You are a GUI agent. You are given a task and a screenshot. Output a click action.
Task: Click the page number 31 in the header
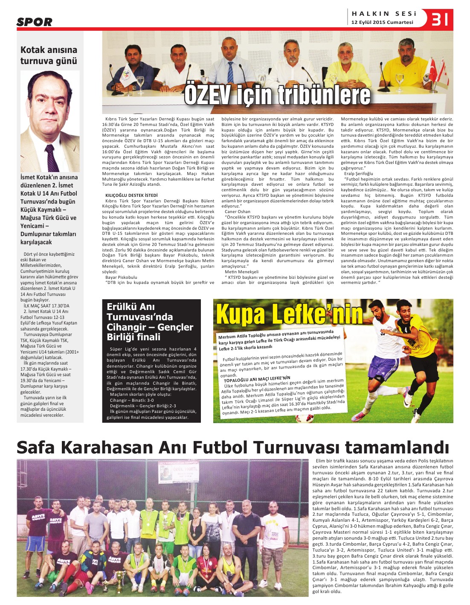point(439,19)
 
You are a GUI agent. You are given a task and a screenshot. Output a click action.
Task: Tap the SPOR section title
point(35,22)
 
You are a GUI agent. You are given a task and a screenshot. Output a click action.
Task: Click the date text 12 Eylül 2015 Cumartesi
point(382,23)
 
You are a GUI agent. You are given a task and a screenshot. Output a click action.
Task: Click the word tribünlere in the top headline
point(321,95)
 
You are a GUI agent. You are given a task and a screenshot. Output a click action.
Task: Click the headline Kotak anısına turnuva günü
point(49,56)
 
